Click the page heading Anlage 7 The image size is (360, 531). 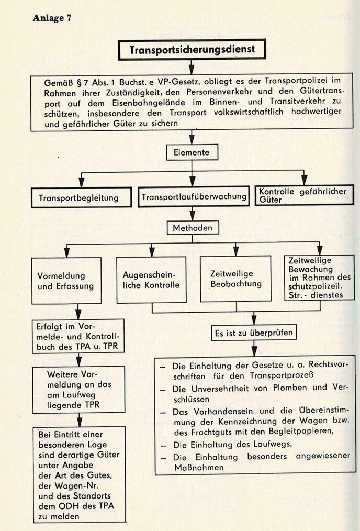tap(52, 18)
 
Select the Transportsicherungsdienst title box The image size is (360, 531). tap(192, 49)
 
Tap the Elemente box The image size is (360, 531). tap(192, 152)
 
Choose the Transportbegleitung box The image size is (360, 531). tap(78, 198)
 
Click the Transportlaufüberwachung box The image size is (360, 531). tap(193, 197)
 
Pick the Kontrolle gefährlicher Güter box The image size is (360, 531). tap(303, 195)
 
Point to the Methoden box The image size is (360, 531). tap(193, 228)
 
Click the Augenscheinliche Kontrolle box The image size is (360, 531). tap(151, 280)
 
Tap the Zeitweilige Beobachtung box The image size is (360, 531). tap(235, 279)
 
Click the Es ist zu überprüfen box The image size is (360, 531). tap(254, 332)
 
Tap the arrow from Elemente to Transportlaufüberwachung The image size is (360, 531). tap(192, 181)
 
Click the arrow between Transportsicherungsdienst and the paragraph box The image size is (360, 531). tap(192, 67)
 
